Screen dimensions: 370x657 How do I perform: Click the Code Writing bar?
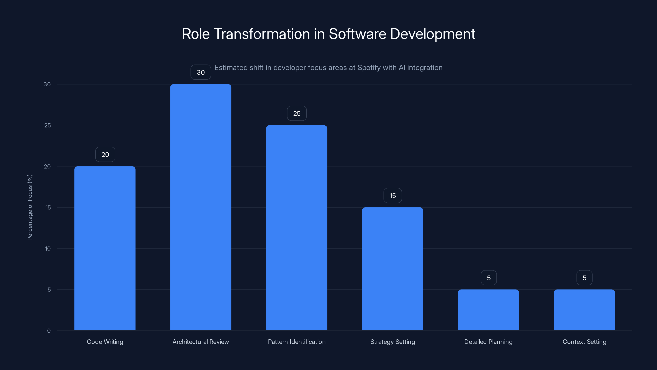[x=105, y=248]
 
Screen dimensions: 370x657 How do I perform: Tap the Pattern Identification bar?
[x=297, y=228]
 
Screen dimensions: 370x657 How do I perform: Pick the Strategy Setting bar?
[x=393, y=269]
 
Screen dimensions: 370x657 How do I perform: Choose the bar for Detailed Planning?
[x=488, y=310]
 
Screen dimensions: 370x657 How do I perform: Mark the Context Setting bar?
[x=584, y=310]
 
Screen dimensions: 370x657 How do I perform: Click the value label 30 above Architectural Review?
[x=201, y=72]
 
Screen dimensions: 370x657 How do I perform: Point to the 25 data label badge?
[x=297, y=113]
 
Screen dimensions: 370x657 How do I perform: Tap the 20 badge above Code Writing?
[x=105, y=155]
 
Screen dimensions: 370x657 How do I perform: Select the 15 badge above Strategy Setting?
[x=393, y=196]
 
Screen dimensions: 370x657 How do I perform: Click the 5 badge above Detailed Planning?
[x=489, y=278]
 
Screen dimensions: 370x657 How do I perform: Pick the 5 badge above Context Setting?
[x=584, y=278]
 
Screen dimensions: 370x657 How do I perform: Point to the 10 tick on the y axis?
[x=48, y=249]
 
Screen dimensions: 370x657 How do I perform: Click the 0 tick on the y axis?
[x=49, y=331]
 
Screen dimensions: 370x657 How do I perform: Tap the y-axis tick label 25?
[x=47, y=125]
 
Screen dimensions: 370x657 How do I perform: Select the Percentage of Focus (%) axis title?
[x=30, y=207]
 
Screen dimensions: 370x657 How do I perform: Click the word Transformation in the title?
[x=262, y=34]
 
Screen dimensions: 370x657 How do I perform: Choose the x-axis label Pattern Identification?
[x=297, y=342]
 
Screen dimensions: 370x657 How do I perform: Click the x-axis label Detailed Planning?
[x=488, y=342]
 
